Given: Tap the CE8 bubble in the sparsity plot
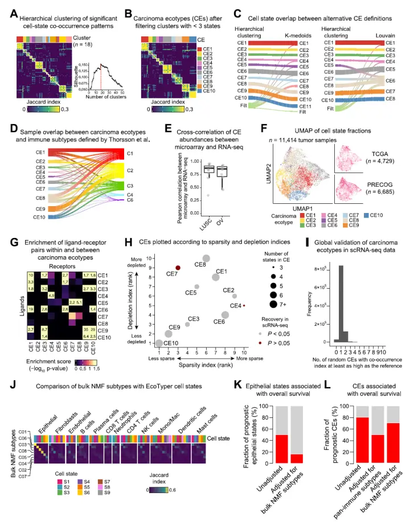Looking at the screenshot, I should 207,259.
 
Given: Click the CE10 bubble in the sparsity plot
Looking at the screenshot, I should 159,343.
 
